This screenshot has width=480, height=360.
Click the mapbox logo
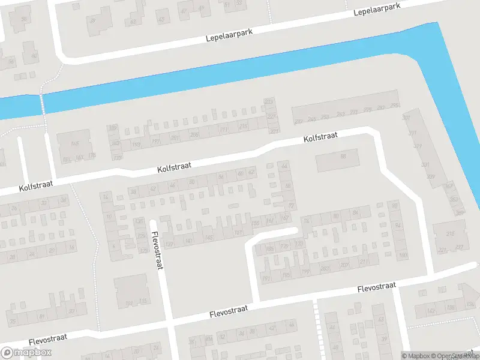tap(26, 353)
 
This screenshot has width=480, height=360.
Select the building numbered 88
tap(343, 157)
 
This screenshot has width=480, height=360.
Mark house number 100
tap(402, 256)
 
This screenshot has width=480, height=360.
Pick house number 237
tap(459, 248)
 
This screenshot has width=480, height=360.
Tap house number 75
tap(13, 321)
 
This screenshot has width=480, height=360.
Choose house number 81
tap(41, 316)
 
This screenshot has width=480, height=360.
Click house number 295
tap(394, 106)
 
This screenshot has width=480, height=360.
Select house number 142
tap(430, 311)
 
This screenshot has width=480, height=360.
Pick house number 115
tap(142, 301)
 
